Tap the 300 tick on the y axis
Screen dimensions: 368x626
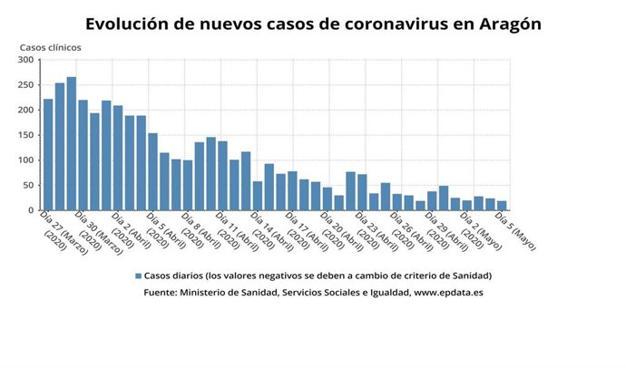(25, 61)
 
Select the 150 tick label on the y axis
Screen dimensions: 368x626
(25, 135)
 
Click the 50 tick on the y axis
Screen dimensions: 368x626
(28, 185)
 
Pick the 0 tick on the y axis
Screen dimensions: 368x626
(31, 210)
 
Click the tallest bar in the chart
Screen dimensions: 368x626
(72, 144)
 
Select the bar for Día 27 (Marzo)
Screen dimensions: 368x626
(48, 155)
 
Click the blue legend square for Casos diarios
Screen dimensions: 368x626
(139, 275)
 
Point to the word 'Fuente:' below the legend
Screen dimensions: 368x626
(161, 293)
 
